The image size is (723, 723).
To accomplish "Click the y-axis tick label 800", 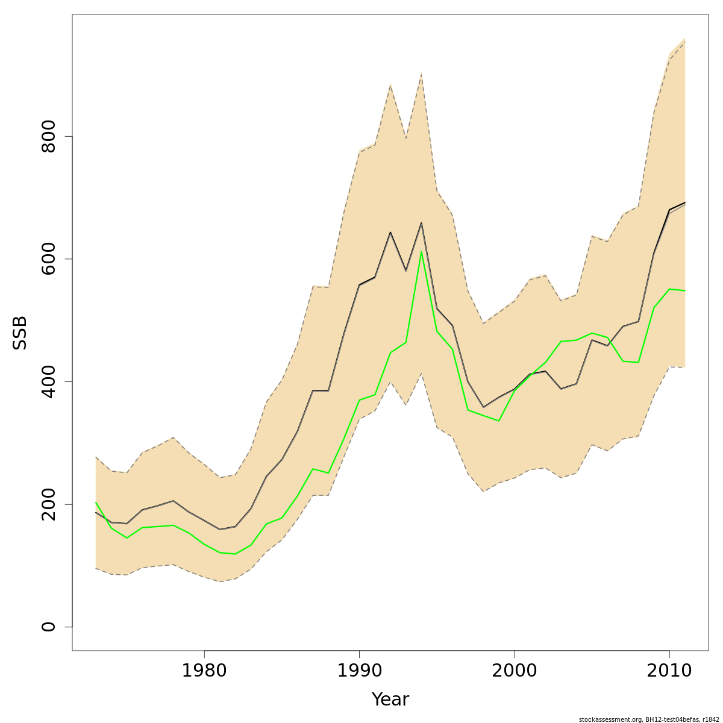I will tap(48, 136).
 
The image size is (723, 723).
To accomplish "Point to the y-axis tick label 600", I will tap(48, 259).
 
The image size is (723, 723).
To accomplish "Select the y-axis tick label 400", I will tap(48, 381).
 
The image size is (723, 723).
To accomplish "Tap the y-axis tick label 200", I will tap(48, 504).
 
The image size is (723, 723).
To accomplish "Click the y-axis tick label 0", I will tap(48, 627).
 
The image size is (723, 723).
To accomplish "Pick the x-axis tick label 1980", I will tap(204, 671).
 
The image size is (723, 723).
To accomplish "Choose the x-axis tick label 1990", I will tap(359, 671).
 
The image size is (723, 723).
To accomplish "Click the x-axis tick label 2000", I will tap(514, 671).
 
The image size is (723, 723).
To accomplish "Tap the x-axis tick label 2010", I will tap(669, 671).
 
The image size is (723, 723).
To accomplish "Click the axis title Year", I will tap(390, 700).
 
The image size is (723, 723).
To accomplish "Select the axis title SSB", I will tap(20, 333).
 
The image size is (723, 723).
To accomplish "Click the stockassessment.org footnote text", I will tap(648, 719).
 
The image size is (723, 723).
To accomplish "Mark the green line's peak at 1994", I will tap(421, 251).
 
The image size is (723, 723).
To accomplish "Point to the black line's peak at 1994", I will tap(421, 223).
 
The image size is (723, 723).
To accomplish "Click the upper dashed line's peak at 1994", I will tap(421, 74).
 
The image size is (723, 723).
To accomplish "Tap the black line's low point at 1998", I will tap(483, 407).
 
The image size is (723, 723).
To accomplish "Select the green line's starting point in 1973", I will tap(96, 502).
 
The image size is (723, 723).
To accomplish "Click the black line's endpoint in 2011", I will tap(684, 203).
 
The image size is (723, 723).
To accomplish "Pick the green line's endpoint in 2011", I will tap(684, 290).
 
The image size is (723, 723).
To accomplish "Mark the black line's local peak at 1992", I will tap(390, 232).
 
